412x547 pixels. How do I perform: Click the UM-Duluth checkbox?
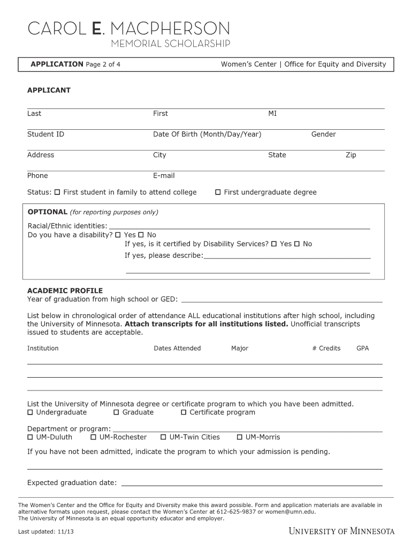pyautogui.click(x=30, y=437)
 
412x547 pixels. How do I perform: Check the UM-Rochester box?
pyautogui.click(x=94, y=437)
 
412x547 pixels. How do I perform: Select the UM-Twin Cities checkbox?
pyautogui.click(x=164, y=437)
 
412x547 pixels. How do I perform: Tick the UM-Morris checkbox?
pyautogui.click(x=240, y=437)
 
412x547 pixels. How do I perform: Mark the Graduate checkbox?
pyautogui.click(x=117, y=412)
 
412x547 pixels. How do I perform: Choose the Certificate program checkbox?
pyautogui.click(x=184, y=412)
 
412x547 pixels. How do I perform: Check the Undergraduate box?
pyautogui.click(x=30, y=412)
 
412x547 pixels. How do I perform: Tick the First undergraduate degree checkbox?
pyautogui.click(x=218, y=192)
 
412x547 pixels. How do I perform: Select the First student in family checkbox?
pyautogui.click(x=58, y=192)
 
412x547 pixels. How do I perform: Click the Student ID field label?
pyautogui.click(x=45, y=134)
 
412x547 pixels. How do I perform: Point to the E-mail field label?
pyautogui.click(x=164, y=176)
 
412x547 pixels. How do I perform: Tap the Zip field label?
pyautogui.click(x=350, y=155)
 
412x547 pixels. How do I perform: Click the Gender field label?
pyautogui.click(x=323, y=134)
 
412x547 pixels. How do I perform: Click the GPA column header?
pyautogui.click(x=362, y=348)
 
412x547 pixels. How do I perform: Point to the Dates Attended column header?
pyautogui.click(x=177, y=348)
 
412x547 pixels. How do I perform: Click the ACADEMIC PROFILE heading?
pyautogui.click(x=65, y=291)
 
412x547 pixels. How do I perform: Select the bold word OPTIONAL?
pyautogui.click(x=48, y=212)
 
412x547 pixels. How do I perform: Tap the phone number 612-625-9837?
pyautogui.click(x=235, y=511)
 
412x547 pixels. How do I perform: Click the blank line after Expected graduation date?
pyautogui.click(x=251, y=484)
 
